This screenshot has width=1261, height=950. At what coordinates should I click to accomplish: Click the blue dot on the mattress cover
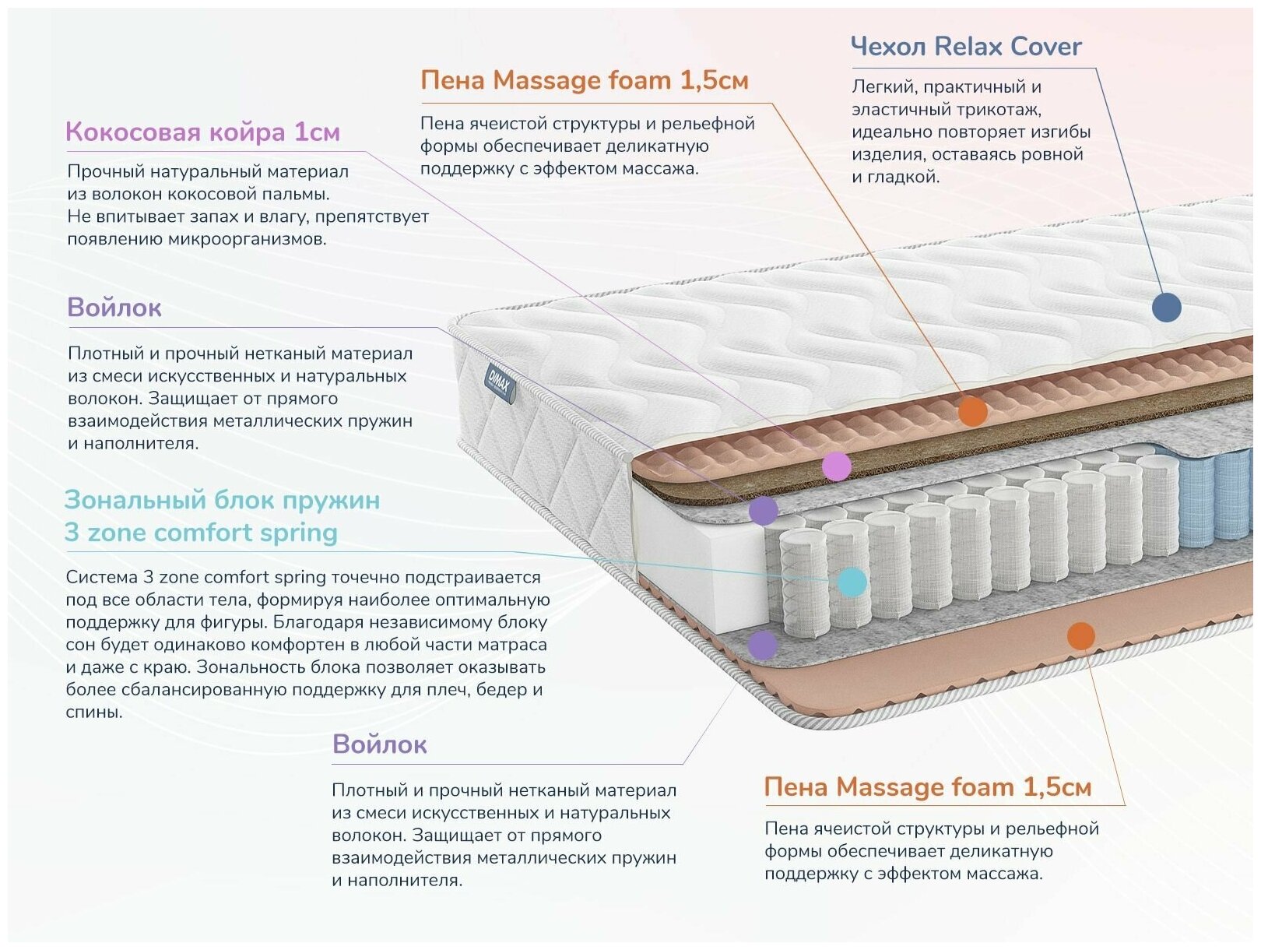pos(1165,307)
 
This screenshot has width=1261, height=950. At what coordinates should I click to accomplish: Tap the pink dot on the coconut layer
pos(836,466)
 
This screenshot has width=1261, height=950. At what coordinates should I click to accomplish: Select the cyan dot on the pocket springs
pos(852,582)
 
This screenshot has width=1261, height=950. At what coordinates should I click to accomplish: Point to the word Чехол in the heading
pos(887,47)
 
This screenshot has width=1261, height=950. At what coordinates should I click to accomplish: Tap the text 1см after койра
pos(317,132)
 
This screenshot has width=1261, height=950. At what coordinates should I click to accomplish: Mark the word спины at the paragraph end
pos(93,712)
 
